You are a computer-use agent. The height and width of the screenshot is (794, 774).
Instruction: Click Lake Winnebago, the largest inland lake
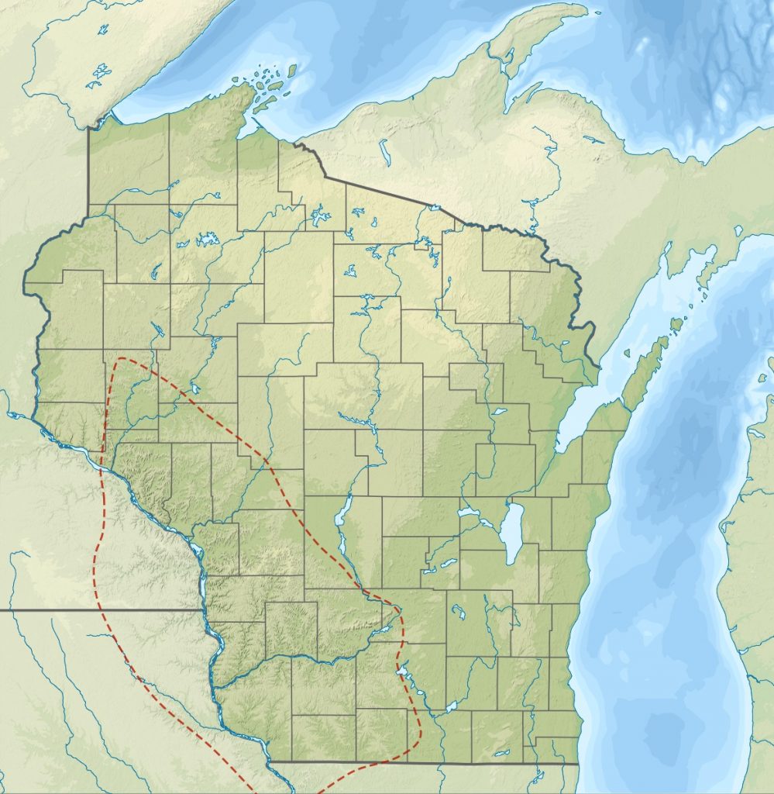511,533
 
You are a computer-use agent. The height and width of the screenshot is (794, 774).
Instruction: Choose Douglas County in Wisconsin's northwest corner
128,163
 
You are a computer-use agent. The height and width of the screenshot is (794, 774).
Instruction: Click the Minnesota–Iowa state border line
101,610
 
